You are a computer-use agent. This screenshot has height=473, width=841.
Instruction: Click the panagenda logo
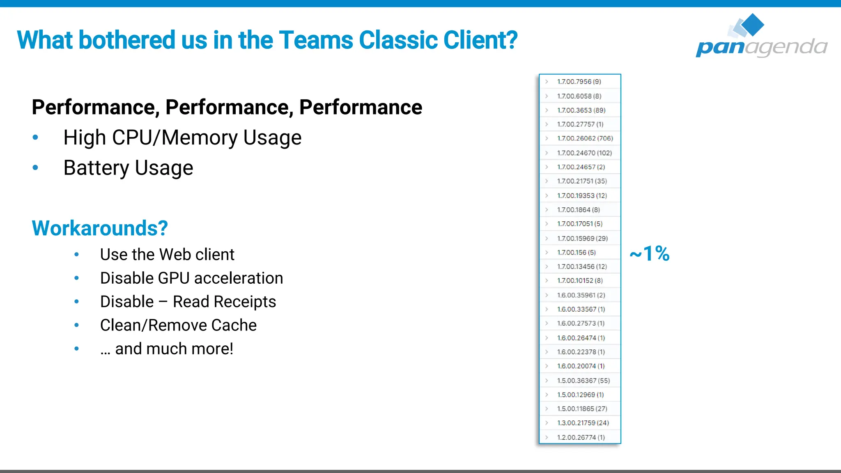[761, 37]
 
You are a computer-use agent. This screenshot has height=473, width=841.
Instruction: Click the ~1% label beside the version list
[650, 253]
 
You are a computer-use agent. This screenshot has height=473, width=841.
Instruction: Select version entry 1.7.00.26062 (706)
[584, 138]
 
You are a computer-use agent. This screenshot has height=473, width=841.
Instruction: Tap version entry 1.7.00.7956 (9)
[579, 82]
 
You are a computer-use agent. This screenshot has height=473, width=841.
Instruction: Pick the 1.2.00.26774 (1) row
[581, 437]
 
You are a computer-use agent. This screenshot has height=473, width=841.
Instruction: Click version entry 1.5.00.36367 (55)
[583, 381]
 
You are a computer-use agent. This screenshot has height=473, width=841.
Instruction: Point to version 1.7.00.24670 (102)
[584, 153]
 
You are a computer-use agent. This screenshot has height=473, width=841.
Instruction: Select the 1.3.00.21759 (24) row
[583, 423]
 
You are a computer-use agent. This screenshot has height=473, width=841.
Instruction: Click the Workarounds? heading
[100, 228]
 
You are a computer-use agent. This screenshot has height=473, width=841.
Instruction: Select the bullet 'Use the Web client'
[167, 255]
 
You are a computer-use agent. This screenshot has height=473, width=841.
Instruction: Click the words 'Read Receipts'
[224, 302]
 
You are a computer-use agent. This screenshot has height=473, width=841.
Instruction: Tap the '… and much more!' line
[167, 349]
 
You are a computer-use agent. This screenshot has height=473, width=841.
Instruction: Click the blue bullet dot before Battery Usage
[35, 168]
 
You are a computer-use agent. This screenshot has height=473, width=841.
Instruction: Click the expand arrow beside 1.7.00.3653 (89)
[547, 110]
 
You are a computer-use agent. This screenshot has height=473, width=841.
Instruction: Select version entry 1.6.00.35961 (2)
[581, 295]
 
